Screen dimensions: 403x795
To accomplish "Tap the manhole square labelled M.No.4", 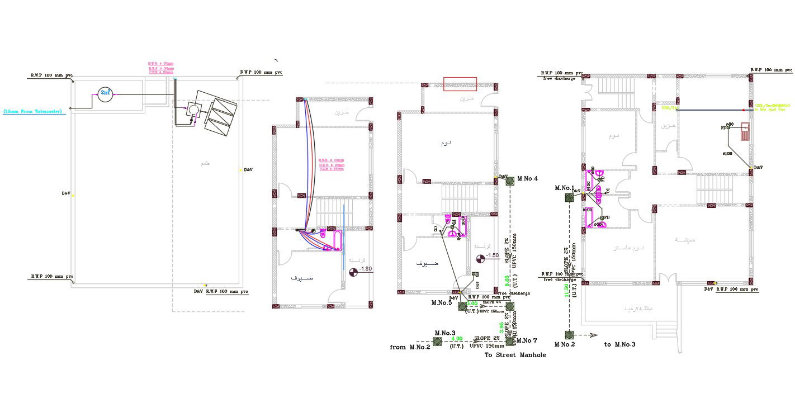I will click(x=509, y=181).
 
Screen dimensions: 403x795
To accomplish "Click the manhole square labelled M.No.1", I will click(x=569, y=197).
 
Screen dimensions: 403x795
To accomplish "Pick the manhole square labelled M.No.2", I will click(x=569, y=335).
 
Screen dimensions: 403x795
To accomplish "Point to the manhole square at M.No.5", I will click(x=462, y=306).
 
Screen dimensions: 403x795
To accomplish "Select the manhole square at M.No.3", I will click(x=438, y=341).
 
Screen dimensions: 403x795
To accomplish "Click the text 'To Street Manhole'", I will click(x=514, y=355).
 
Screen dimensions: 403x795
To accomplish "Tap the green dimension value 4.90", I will click(x=456, y=339).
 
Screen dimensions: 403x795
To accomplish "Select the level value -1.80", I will click(x=366, y=269).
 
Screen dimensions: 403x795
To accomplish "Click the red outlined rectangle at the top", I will click(x=460, y=84).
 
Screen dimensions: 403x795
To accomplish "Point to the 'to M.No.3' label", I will click(x=619, y=344).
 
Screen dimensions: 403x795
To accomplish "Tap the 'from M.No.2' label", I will click(x=409, y=347).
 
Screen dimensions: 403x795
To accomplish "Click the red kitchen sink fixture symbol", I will click(x=745, y=132).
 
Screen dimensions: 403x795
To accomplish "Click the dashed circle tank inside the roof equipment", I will click(x=193, y=108).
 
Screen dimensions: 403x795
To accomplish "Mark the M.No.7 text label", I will click(x=527, y=340).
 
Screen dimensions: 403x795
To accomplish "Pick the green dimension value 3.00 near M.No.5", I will click(x=471, y=304).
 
